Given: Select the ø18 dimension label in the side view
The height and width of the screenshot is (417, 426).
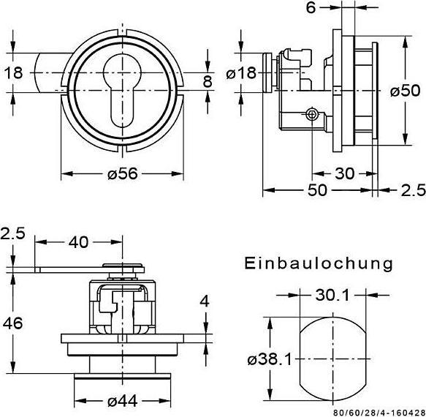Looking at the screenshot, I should (241, 73).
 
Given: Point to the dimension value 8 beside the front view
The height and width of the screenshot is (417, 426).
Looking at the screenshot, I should (208, 81).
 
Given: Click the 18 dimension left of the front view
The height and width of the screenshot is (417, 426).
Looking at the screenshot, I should (14, 72).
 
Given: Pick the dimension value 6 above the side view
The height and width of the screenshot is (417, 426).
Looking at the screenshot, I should (310, 8).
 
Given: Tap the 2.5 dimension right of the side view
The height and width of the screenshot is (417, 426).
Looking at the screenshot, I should (413, 190).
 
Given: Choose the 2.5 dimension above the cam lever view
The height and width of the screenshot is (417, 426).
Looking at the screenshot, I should (13, 235).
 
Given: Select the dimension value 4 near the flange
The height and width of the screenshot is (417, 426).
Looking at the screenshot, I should (205, 301).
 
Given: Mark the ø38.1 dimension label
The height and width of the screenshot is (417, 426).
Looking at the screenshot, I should (270, 358).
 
